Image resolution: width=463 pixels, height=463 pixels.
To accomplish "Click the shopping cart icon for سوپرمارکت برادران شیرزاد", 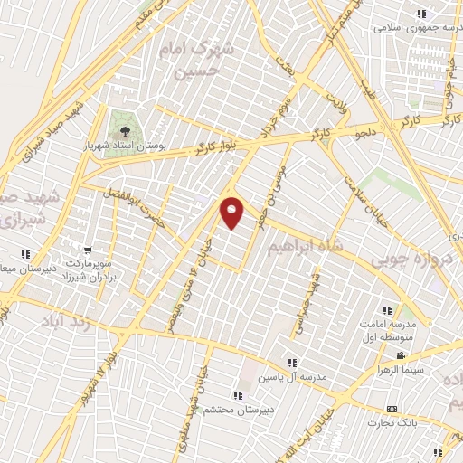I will pos(87,251).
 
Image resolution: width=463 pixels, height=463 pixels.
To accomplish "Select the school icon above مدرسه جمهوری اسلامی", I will pos(421,14).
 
